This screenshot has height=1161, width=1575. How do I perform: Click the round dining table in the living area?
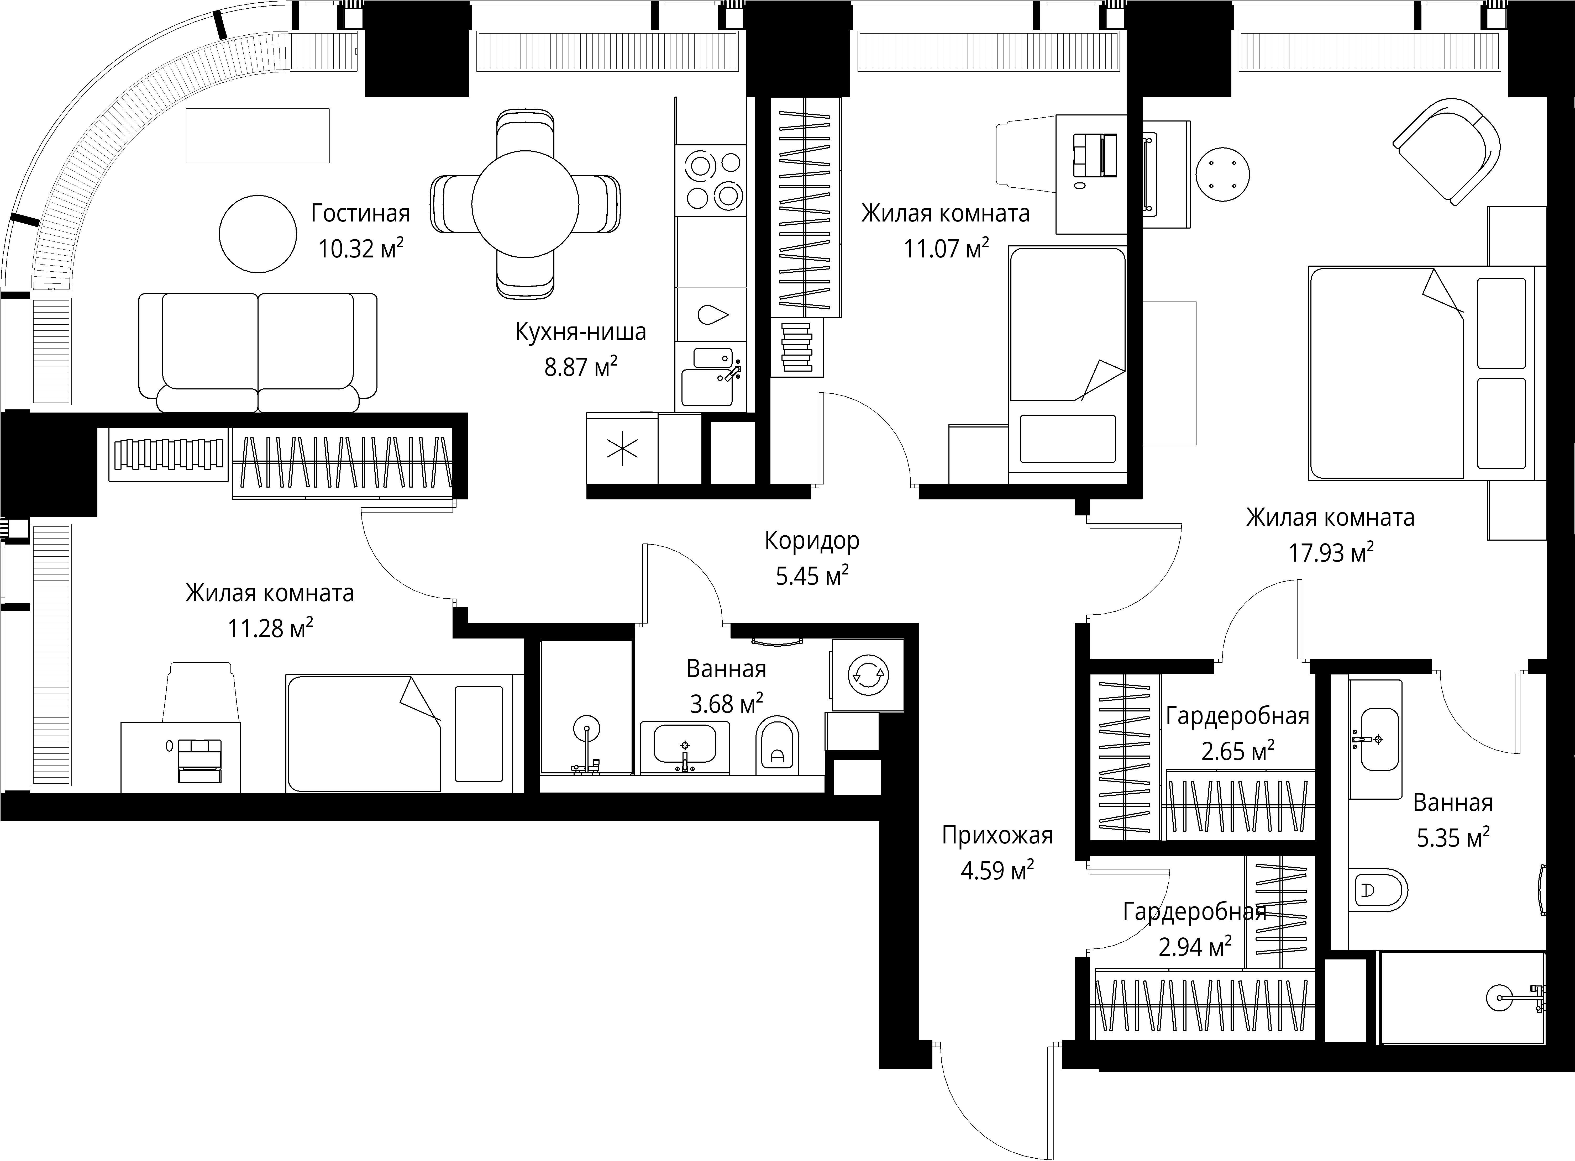coord(525,204)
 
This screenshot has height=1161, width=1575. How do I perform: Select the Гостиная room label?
coord(360,213)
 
